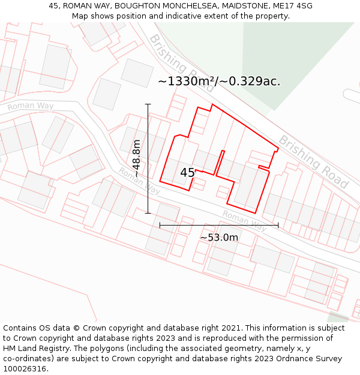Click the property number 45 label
(x=187, y=173)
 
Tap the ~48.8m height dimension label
(x=137, y=158)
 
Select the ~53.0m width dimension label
(x=219, y=238)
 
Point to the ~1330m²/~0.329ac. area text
(x=219, y=81)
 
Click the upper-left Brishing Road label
(x=181, y=63)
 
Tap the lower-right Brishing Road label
(x=313, y=161)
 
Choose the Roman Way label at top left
(x=30, y=106)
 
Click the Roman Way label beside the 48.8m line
(x=139, y=181)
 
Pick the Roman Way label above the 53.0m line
(x=244, y=221)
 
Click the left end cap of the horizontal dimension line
(x=160, y=225)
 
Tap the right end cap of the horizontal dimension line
(x=278, y=225)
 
